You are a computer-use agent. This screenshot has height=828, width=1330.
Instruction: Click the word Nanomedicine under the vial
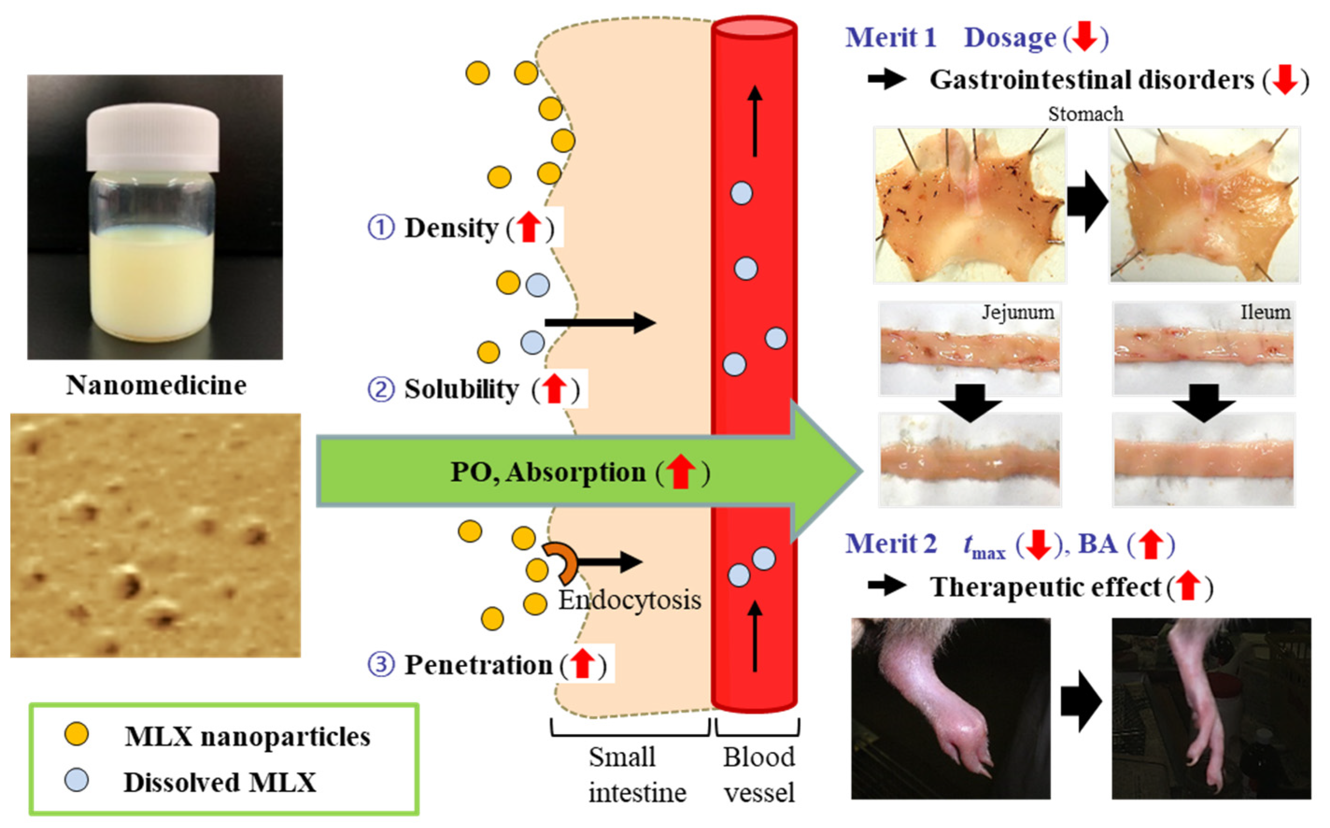click(x=156, y=385)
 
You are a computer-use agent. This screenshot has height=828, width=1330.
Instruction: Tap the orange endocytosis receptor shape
click(x=561, y=562)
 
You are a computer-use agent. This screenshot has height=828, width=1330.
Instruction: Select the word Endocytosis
click(x=629, y=600)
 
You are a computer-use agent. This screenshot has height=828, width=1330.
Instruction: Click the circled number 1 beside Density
click(x=381, y=228)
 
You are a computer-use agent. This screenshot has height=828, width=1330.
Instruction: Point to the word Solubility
click(x=461, y=389)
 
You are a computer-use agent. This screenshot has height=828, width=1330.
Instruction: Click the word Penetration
click(x=479, y=665)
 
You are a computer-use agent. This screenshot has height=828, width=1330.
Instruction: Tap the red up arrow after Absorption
click(x=680, y=472)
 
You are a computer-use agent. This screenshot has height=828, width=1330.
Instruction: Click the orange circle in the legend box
click(x=76, y=734)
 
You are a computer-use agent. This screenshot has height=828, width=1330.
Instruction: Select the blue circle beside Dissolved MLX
click(x=76, y=780)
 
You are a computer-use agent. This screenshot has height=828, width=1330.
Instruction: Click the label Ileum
click(x=1265, y=312)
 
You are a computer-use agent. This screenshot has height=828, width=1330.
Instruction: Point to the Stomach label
click(x=1085, y=114)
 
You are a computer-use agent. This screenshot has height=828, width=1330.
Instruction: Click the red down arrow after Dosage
click(x=1084, y=37)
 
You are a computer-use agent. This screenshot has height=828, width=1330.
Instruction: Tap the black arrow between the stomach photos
click(x=1087, y=202)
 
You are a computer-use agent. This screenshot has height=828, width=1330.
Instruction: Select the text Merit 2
click(x=891, y=544)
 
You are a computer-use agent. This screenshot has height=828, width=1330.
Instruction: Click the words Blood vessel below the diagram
click(x=759, y=774)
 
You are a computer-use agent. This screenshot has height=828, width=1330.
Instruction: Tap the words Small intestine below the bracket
click(x=637, y=774)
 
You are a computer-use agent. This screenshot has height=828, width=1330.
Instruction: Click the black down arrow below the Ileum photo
click(x=1203, y=403)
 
